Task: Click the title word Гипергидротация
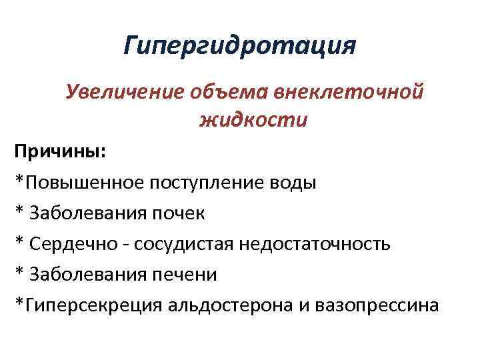coord(240,47)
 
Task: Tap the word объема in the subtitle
coord(224,92)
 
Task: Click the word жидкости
coord(244,121)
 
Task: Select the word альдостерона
coord(223,305)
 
